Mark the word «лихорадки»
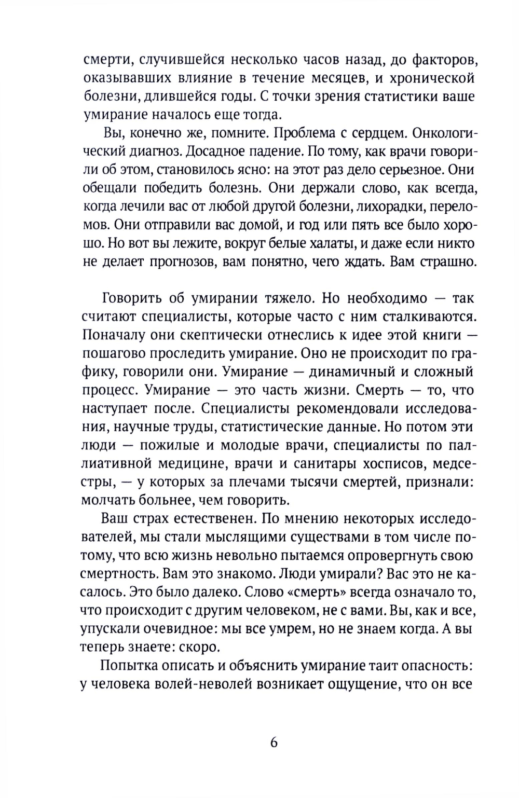pos(380,205)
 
